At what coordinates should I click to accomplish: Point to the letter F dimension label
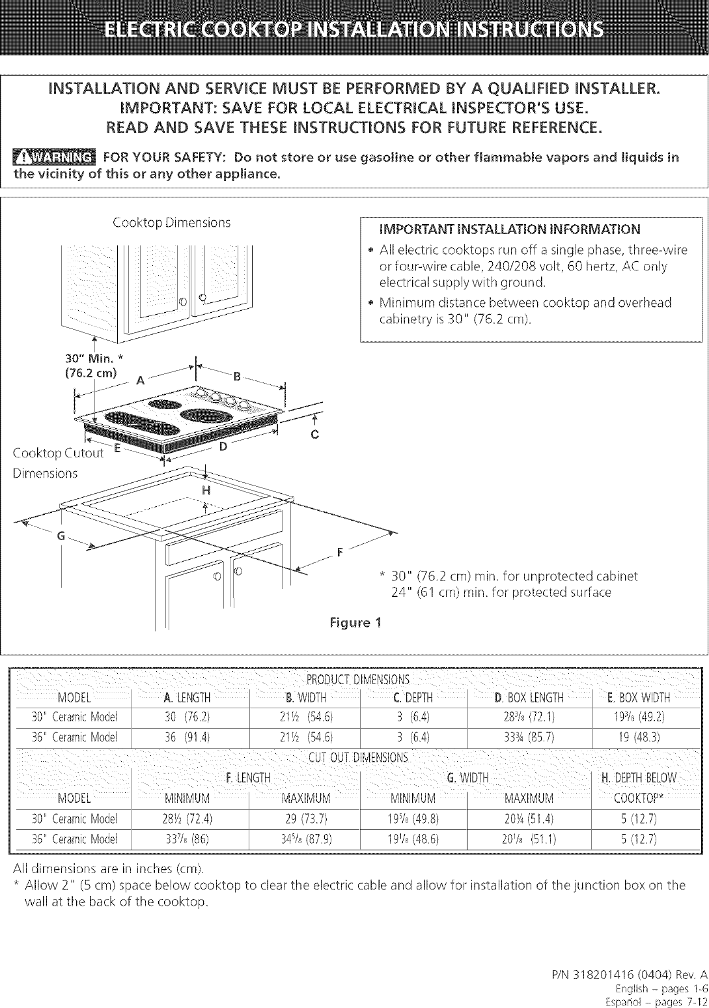tap(339, 554)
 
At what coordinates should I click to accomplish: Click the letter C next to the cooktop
tap(314, 436)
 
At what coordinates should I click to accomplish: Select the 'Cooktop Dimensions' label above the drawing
tap(172, 222)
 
